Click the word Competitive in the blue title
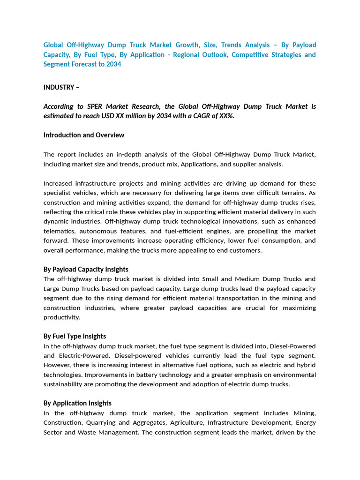pyautogui.click(x=243, y=55)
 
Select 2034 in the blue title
pyautogui.click(x=113, y=64)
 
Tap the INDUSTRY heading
pyautogui.click(x=59, y=87)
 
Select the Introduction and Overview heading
pyautogui.click(x=84, y=135)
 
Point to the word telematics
pyautogui.click(x=59, y=231)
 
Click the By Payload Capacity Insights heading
pyautogui.click(x=86, y=269)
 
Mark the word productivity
pyautogui.click(x=62, y=317)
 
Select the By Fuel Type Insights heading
pyautogui.click(x=75, y=336)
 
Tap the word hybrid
pyautogui.click(x=306, y=365)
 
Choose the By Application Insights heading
pyautogui.click(x=77, y=403)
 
